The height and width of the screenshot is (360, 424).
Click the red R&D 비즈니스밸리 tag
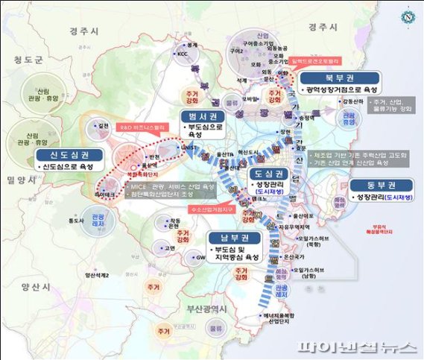click(x=142, y=127)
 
